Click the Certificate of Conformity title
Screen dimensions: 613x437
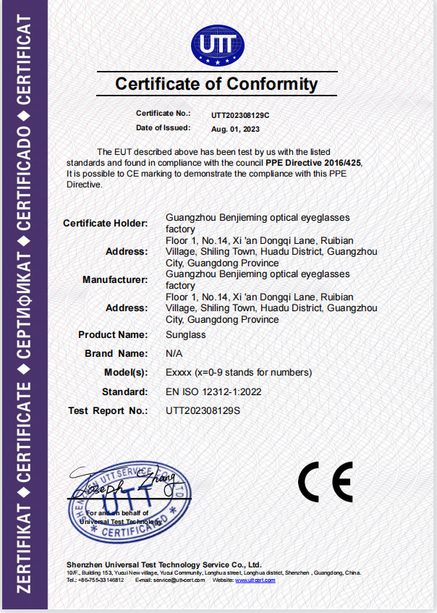(216, 84)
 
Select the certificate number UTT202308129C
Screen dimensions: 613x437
(240, 114)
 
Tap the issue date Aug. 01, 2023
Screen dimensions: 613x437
(234, 129)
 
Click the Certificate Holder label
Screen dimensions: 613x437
(106, 223)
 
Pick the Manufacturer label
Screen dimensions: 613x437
(115, 279)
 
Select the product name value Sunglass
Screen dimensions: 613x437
(186, 334)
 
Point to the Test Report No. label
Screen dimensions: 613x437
(108, 410)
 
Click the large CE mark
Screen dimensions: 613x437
(325, 482)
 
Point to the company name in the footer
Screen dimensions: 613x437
(164, 564)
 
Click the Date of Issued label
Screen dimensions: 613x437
(163, 128)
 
